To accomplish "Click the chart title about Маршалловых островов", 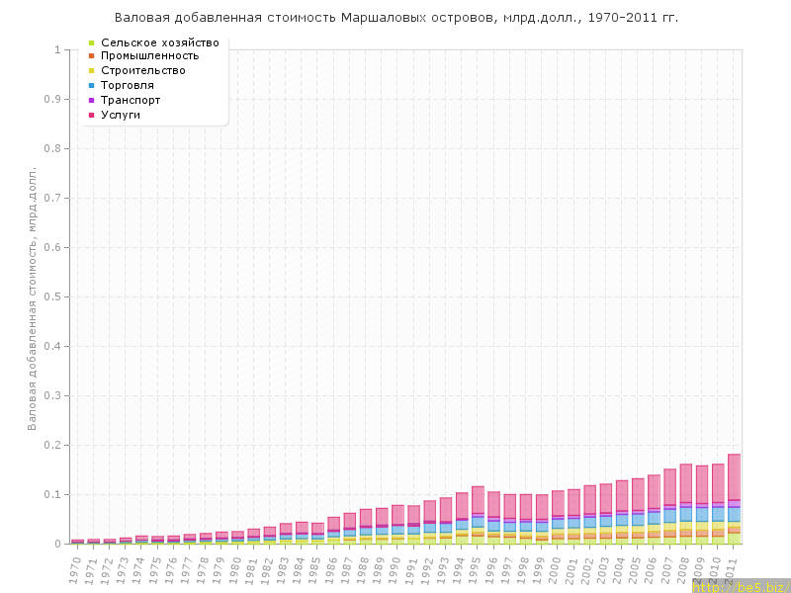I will (x=396, y=18).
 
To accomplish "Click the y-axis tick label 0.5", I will (x=55, y=296).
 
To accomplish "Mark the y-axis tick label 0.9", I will (x=55, y=99).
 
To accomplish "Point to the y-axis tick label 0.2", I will (x=55, y=445).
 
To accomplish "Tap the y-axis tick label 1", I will (x=58, y=49).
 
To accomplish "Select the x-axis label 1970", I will (x=75, y=568).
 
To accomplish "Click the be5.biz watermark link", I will (x=742, y=586).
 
